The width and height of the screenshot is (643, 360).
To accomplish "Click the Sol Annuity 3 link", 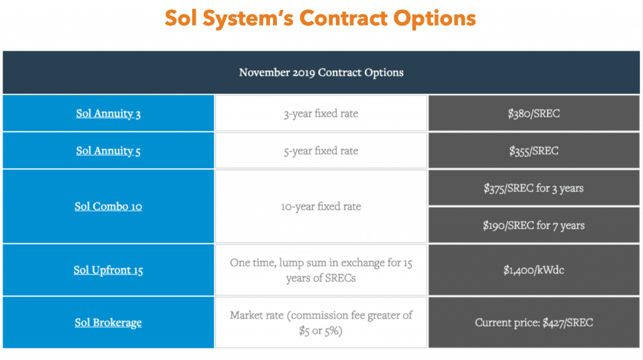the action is (108, 113).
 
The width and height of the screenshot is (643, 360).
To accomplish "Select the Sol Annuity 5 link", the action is (108, 151).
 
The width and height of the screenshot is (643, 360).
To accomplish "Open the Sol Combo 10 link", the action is (108, 206).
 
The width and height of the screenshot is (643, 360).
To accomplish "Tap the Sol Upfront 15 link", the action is (108, 270).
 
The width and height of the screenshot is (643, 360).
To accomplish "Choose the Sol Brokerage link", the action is (108, 323).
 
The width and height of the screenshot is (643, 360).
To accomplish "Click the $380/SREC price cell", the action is (534, 113).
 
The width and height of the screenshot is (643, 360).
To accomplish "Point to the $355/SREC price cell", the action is (534, 151).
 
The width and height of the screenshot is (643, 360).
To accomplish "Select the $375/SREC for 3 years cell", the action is (534, 188).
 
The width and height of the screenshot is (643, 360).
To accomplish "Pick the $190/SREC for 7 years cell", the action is (534, 226).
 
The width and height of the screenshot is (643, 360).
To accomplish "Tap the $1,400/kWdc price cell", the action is (534, 270).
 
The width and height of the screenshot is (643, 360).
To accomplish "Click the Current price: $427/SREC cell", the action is (534, 323).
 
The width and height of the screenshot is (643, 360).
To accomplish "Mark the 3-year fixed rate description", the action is (321, 113).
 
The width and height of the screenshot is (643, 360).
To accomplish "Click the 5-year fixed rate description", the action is (321, 151).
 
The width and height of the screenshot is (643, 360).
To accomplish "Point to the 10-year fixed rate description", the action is (321, 206).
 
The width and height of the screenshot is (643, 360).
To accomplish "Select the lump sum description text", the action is (321, 270).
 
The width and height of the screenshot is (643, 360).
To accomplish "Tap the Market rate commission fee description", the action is (321, 323).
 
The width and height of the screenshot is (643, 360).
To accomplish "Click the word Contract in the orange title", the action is (343, 18).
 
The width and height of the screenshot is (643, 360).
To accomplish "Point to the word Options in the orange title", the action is (435, 19).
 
